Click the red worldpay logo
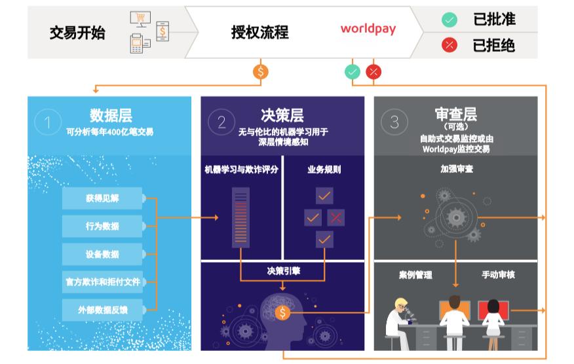click(x=368, y=29)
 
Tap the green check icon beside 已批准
click(x=449, y=20)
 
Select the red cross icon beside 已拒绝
click(x=449, y=45)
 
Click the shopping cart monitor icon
click(x=140, y=19)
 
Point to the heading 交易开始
click(x=77, y=33)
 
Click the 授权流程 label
click(x=259, y=32)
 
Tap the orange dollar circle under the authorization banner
click(x=261, y=72)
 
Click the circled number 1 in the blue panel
click(x=48, y=122)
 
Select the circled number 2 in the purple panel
click(x=221, y=122)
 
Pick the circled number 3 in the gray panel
click(x=394, y=122)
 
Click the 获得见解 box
click(x=102, y=198)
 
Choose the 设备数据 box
click(x=102, y=254)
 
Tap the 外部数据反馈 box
click(x=102, y=310)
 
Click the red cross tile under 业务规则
click(x=335, y=218)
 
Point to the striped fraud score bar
click(x=240, y=217)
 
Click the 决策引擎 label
click(x=283, y=271)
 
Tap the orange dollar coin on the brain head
click(x=282, y=312)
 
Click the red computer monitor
click(x=493, y=310)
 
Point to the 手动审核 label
click(x=498, y=275)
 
